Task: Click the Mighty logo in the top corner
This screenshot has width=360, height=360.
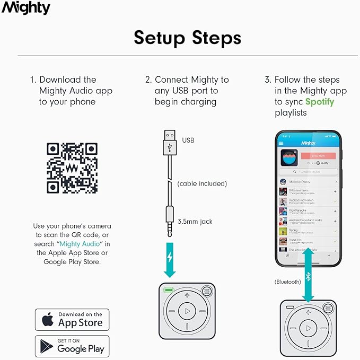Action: click(26, 8)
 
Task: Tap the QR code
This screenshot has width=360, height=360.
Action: click(72, 168)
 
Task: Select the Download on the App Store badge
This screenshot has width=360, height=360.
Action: click(72, 320)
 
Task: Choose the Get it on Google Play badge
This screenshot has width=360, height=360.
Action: click(72, 346)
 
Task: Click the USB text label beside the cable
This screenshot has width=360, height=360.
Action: click(188, 141)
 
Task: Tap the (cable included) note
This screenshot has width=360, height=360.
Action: click(201, 183)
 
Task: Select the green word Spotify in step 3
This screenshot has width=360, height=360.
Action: click(320, 102)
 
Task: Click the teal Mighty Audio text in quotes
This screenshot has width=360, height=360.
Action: click(85, 244)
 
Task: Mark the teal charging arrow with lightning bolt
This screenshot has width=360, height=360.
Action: click(170, 259)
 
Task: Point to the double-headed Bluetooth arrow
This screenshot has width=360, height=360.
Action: click(308, 274)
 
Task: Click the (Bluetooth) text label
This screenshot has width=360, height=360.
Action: click(287, 282)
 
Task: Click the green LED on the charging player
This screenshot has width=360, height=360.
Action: click(169, 291)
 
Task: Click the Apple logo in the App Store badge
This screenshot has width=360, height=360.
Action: click(48, 320)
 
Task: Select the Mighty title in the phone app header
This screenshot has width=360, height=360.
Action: click(308, 143)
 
